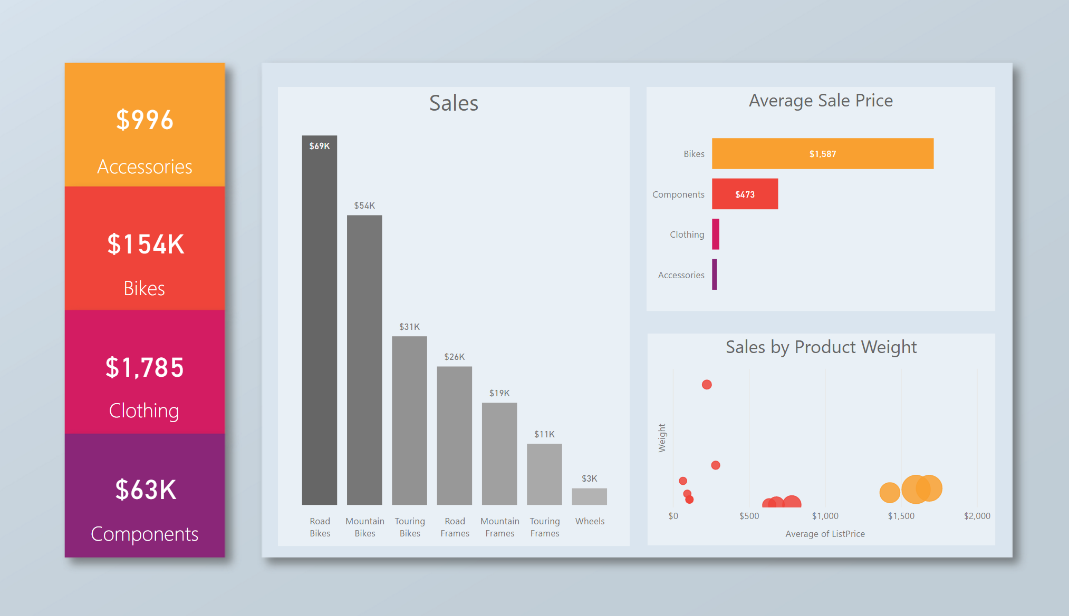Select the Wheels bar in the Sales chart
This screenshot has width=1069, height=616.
589,496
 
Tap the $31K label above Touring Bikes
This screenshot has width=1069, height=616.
409,327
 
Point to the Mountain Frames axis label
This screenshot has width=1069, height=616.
499,527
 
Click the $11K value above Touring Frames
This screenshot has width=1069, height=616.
544,434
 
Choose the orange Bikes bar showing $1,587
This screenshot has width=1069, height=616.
822,154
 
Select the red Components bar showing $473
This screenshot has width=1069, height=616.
745,194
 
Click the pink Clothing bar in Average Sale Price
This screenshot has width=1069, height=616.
716,234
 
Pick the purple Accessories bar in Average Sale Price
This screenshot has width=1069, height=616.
715,275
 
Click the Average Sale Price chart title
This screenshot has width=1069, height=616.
821,101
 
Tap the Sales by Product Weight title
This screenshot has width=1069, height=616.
821,347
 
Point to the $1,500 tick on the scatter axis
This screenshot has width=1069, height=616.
901,516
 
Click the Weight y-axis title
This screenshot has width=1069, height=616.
662,438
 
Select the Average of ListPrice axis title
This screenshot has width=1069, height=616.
825,534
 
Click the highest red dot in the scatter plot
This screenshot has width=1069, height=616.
707,385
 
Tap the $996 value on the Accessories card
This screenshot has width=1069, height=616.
145,120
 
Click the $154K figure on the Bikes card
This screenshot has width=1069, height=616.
146,245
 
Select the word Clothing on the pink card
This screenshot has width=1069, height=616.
144,410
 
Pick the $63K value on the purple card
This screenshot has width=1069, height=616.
146,490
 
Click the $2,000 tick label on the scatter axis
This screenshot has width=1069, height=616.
977,516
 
